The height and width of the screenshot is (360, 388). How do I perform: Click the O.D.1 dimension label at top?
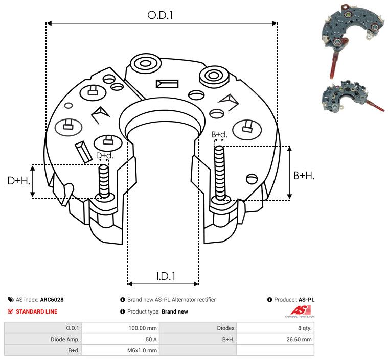point(160,15)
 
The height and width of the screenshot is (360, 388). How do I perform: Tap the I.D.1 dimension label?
point(166,276)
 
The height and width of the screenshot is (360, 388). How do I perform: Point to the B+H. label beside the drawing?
point(304,176)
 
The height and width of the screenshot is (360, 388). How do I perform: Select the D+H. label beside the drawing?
point(18,181)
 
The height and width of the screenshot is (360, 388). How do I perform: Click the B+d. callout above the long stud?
point(219,134)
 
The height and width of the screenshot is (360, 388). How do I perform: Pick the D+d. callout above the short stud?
point(104,156)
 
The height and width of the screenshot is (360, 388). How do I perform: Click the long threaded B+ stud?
point(219,173)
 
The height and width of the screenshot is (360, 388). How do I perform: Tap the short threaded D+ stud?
point(104,181)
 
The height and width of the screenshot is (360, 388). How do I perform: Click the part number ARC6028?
point(52,300)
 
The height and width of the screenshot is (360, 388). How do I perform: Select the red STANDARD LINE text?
point(37,311)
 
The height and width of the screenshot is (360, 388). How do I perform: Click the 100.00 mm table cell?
point(143,328)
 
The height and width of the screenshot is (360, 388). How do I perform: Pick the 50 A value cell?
point(151,339)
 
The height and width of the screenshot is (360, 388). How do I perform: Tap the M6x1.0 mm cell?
point(142,350)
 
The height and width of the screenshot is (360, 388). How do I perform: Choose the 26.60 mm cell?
point(299,339)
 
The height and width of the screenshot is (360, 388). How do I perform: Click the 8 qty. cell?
point(305,328)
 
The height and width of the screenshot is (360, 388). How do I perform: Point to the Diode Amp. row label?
point(65,339)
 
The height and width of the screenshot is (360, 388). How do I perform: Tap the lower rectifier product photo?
point(353,97)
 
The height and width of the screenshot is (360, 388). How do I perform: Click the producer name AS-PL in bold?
point(306,300)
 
